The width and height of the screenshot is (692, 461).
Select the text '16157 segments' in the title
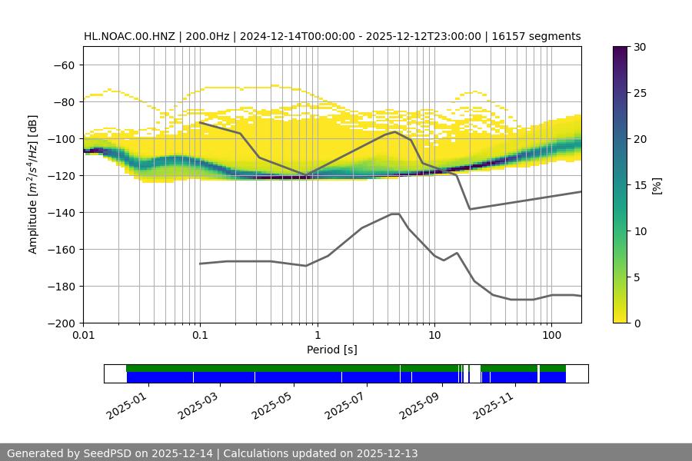click(543, 36)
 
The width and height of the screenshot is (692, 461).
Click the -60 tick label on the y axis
click(65, 65)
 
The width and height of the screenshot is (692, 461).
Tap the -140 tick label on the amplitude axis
click(62, 213)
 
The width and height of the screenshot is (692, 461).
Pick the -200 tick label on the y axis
click(62, 323)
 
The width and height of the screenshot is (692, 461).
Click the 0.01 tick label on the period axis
click(83, 336)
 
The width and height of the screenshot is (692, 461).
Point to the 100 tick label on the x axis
click(551, 336)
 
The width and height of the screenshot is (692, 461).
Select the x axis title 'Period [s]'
click(332, 350)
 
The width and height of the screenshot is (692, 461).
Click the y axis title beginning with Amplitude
click(33, 184)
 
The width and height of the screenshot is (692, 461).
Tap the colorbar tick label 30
click(640, 47)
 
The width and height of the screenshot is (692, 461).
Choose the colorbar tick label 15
click(640, 185)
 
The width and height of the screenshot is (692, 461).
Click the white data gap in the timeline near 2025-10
click(474, 373)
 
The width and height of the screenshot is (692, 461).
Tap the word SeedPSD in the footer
click(108, 453)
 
